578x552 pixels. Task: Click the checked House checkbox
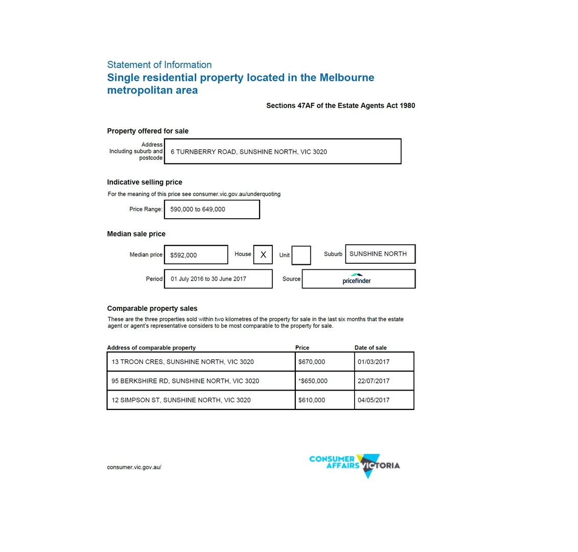tap(263, 255)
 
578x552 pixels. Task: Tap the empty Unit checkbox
tap(301, 255)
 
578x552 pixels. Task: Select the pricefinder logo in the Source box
tap(357, 279)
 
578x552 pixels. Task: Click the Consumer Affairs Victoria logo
tap(354, 465)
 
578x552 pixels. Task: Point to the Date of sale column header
tap(371, 348)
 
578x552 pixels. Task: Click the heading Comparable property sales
tap(152, 308)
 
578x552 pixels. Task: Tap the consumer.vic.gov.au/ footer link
tap(134, 467)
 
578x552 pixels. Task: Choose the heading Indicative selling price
tap(144, 182)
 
